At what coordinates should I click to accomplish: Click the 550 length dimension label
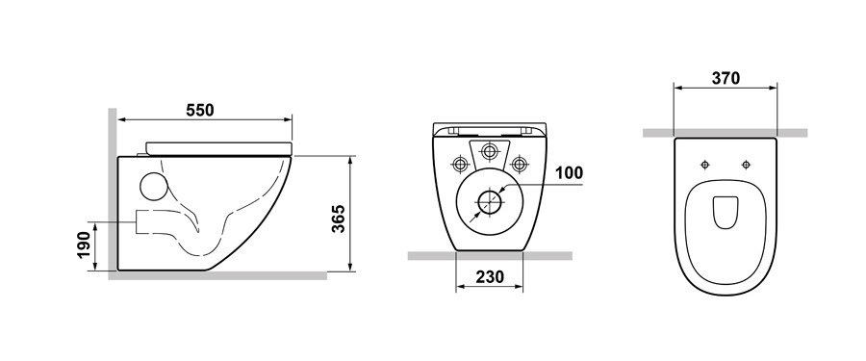[x=199, y=110]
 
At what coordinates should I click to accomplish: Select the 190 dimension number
[x=83, y=245]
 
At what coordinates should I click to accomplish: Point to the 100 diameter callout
[x=569, y=173]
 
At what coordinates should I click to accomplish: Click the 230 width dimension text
[x=489, y=276]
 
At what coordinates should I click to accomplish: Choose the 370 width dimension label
[x=726, y=79]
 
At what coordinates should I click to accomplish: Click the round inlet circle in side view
[x=153, y=187]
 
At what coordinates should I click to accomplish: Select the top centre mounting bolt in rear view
[x=489, y=150]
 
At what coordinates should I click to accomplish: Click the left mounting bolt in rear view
[x=460, y=164]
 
